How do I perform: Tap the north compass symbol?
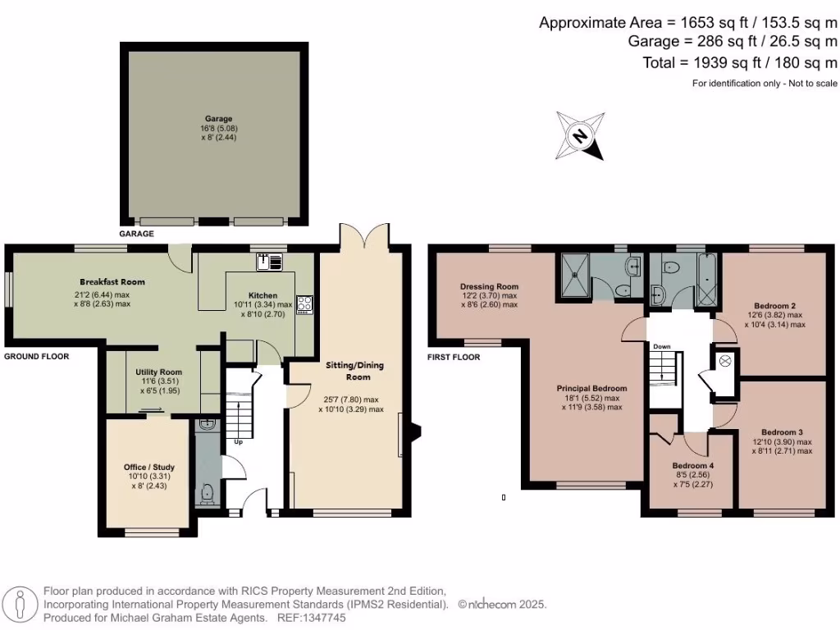click(581, 135)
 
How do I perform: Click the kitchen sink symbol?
click(269, 262)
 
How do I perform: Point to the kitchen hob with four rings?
click(304, 304)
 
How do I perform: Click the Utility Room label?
click(158, 372)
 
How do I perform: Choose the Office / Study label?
click(148, 468)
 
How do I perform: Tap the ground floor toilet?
click(208, 494)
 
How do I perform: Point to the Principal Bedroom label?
click(591, 388)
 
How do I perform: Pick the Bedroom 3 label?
click(782, 431)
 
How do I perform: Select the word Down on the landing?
click(662, 347)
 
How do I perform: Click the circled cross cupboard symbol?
click(725, 360)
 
